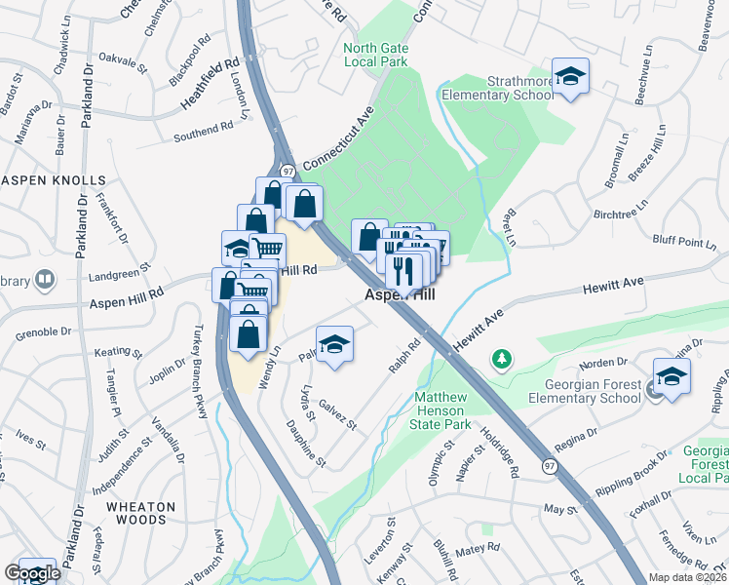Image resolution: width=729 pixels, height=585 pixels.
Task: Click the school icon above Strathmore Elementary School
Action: (x=570, y=76)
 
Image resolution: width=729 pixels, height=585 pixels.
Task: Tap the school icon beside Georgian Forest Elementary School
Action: (x=671, y=377)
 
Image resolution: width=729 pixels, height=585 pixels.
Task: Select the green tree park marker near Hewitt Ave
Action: (x=502, y=360)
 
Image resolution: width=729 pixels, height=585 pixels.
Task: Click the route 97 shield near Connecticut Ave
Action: (x=288, y=171)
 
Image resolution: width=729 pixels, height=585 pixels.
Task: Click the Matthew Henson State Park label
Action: (x=443, y=410)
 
